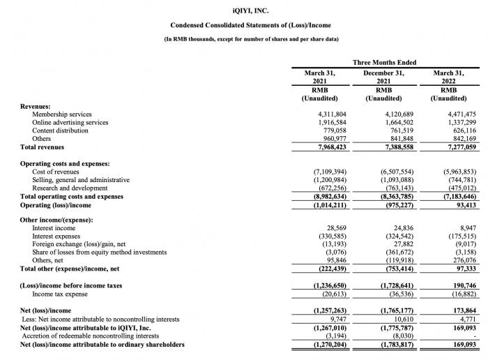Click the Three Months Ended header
point(384,63)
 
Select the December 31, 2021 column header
point(384,77)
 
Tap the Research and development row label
point(70,188)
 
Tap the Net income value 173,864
point(460,310)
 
